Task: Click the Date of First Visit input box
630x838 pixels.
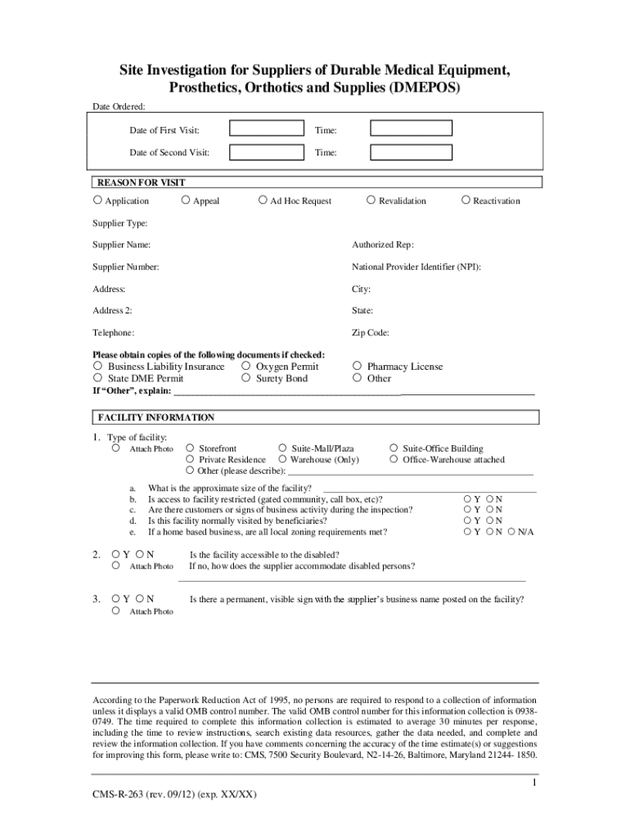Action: click(x=265, y=128)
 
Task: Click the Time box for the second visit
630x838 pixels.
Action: click(x=411, y=152)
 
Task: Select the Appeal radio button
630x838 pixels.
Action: click(x=186, y=200)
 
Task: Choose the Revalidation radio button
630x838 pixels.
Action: click(x=371, y=200)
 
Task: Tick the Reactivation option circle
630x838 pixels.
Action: click(x=466, y=200)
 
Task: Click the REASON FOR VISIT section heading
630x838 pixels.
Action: click(x=142, y=182)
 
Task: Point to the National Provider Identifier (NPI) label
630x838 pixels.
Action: click(x=416, y=267)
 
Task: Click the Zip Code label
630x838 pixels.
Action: click(x=371, y=333)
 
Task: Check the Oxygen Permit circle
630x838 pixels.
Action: click(x=246, y=366)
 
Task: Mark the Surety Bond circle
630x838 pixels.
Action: click(x=246, y=378)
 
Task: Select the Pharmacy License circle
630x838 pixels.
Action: click(x=357, y=366)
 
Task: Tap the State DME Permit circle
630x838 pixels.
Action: click(x=97, y=378)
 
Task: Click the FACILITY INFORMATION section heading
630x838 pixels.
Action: click(x=156, y=417)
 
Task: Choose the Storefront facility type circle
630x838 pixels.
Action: click(x=190, y=448)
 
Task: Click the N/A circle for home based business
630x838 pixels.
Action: click(x=511, y=531)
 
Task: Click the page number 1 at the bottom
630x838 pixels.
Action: click(x=533, y=783)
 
